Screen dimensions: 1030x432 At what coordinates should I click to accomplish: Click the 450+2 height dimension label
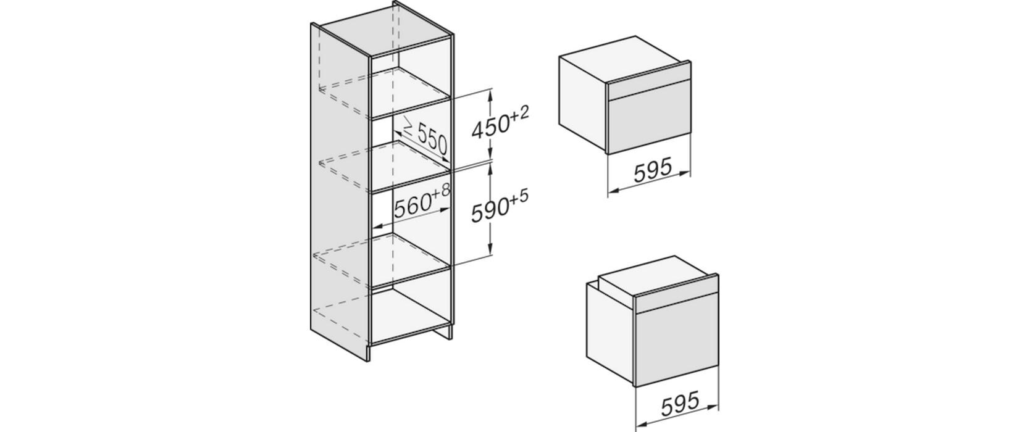[500, 123]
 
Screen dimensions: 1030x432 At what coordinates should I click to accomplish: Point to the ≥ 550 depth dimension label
[425, 136]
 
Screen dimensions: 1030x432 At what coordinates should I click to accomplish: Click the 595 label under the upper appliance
[653, 170]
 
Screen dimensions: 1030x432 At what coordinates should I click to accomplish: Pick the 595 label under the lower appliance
[680, 404]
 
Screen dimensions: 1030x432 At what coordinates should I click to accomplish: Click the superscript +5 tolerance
[519, 197]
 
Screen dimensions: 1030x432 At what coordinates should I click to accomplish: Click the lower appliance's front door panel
[677, 346]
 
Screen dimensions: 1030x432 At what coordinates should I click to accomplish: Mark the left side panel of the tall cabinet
[340, 191]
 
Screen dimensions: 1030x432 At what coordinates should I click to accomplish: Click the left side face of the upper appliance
[583, 104]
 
